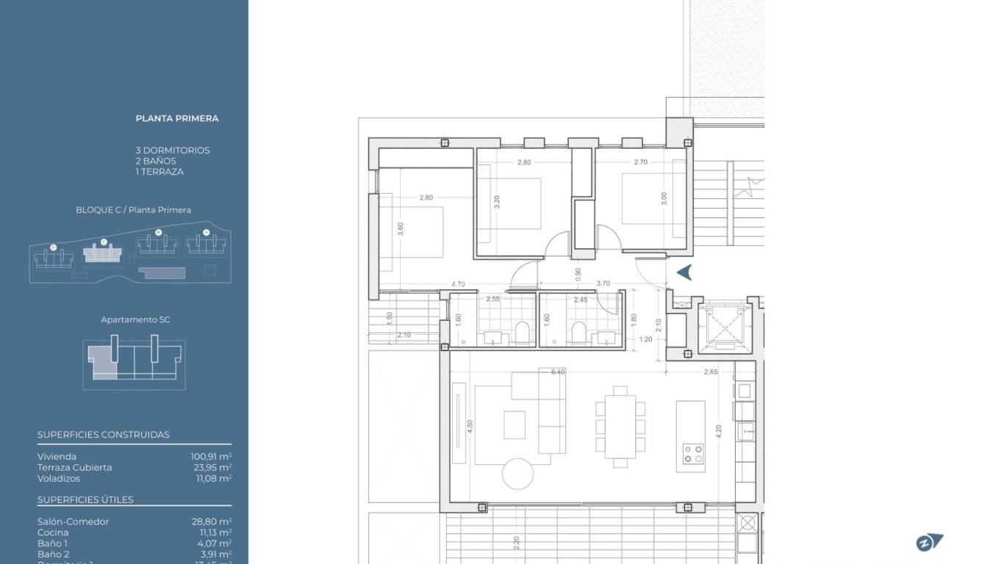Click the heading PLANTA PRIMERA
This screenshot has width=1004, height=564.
click(x=177, y=118)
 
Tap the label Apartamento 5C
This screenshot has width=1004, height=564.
click(x=135, y=320)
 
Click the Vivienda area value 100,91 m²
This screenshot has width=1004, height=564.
click(x=211, y=457)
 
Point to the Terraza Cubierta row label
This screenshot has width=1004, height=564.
click(x=75, y=468)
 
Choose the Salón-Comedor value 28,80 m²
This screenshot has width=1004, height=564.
click(x=211, y=522)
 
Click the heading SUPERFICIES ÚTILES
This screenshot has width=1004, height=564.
click(x=85, y=500)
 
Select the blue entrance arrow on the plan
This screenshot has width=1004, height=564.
click(x=684, y=272)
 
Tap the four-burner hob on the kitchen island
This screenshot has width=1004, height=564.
click(x=692, y=453)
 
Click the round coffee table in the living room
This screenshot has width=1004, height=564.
click(x=519, y=474)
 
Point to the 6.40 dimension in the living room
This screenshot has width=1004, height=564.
click(x=558, y=372)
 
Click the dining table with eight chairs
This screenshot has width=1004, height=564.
click(x=620, y=426)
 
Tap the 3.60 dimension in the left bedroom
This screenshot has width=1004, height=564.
click(x=400, y=228)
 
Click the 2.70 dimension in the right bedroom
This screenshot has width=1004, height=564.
click(x=640, y=162)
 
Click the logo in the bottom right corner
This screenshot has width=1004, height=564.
click(x=928, y=543)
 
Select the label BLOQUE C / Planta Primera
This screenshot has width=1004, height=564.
click(x=133, y=210)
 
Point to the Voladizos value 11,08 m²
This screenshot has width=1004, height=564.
click(x=211, y=479)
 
